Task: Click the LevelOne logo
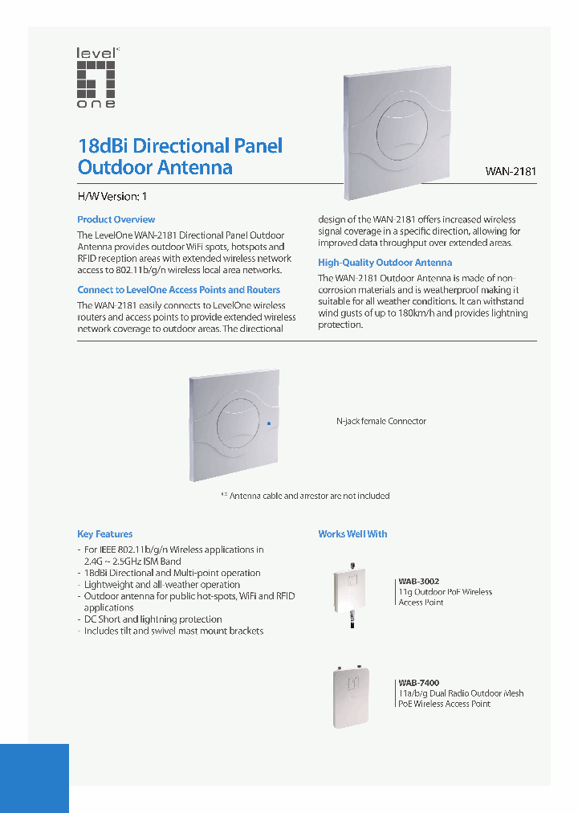(96, 78)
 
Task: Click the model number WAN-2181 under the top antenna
(511, 171)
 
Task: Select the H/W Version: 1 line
(112, 196)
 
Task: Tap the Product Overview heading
(116, 219)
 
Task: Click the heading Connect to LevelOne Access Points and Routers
(179, 290)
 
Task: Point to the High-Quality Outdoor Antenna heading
(385, 263)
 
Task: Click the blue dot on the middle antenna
(269, 423)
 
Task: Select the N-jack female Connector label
(381, 421)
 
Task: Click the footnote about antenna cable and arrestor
(305, 496)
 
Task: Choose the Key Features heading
(105, 534)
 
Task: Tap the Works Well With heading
(352, 534)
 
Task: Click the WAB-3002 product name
(419, 581)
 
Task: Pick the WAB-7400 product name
(419, 683)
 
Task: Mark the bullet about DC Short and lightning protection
(153, 619)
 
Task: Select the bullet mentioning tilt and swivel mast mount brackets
(173, 631)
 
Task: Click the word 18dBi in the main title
(103, 147)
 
